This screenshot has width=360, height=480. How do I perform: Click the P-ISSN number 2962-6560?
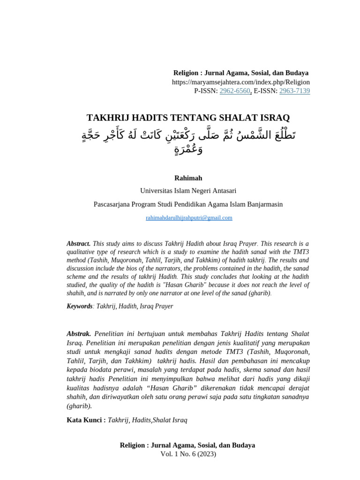point(234,91)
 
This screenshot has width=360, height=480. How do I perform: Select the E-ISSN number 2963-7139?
point(294,91)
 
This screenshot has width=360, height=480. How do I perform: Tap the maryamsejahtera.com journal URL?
point(240,82)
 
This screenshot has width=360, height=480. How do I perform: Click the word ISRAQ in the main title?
point(271,118)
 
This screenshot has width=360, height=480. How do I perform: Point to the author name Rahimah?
point(188,178)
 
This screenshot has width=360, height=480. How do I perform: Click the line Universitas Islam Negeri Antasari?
point(188,191)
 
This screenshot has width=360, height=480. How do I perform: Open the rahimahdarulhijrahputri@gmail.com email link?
point(189,218)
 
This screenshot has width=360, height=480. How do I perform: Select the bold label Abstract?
point(78,244)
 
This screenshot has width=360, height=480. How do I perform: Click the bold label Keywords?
point(79,306)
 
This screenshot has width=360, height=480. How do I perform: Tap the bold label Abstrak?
point(79,334)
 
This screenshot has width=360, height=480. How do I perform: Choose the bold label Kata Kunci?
point(86,420)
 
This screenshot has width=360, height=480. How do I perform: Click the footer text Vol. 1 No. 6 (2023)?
point(188,454)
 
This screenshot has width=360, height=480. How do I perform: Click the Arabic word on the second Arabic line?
point(188,150)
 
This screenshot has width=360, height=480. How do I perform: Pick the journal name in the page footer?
point(187,445)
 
